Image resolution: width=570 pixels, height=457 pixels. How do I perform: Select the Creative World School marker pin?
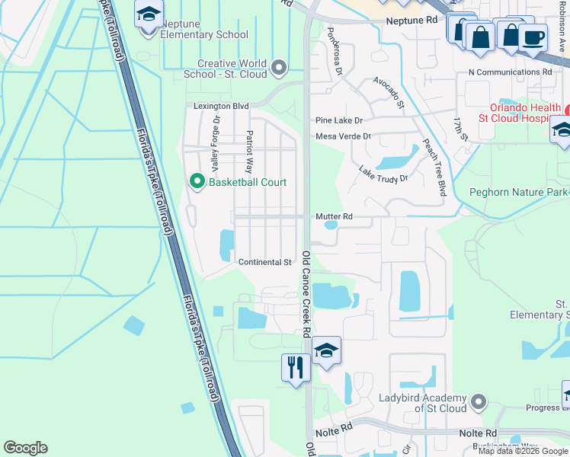click(279, 69)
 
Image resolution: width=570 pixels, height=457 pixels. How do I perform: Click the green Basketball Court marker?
click(197, 181)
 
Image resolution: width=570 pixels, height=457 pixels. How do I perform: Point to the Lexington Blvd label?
click(221, 107)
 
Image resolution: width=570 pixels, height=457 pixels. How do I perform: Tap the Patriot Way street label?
click(248, 151)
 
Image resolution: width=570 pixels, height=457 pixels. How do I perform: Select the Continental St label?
click(265, 262)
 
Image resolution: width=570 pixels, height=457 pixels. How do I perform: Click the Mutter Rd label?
click(335, 216)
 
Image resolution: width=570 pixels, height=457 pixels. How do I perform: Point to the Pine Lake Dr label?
click(339, 120)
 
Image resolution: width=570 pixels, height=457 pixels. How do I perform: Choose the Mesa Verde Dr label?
click(343, 136)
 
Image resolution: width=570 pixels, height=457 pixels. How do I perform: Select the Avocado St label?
click(388, 92)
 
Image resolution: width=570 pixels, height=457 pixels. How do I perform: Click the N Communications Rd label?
click(509, 72)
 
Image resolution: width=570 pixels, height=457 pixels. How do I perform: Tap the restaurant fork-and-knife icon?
click(294, 367)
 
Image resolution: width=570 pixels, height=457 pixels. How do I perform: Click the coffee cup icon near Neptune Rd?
click(532, 37)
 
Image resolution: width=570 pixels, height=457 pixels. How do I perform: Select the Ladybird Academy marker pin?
click(478, 400)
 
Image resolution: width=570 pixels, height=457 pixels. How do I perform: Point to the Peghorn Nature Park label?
click(519, 193)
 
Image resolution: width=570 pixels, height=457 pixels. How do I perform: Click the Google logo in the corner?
click(25, 448)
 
